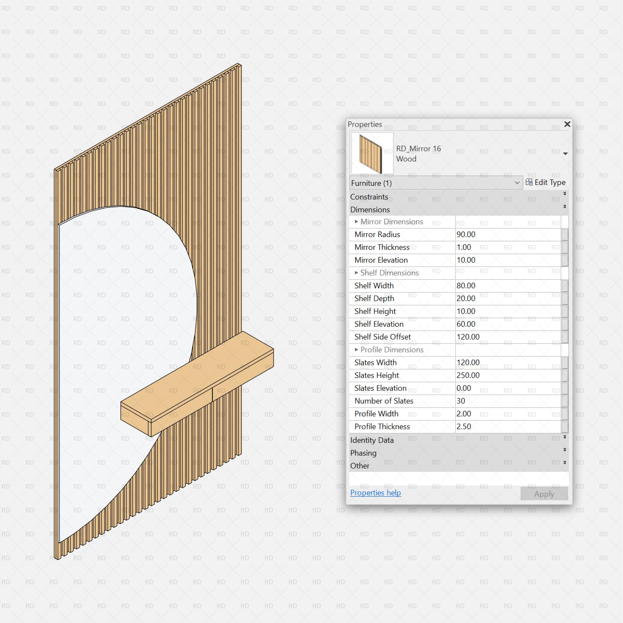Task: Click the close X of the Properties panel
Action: (x=567, y=124)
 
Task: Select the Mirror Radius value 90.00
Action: (x=466, y=234)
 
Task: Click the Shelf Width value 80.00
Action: (x=466, y=286)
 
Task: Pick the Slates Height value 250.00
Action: (x=468, y=375)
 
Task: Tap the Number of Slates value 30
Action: (x=461, y=401)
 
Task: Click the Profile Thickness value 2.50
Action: (x=464, y=427)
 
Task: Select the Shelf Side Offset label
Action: (x=382, y=337)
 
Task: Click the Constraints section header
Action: (x=369, y=197)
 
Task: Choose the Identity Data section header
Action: (x=372, y=440)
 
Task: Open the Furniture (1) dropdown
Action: (x=436, y=183)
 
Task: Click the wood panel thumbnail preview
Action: (x=372, y=153)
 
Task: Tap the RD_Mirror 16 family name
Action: (x=418, y=149)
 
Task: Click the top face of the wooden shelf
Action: (x=197, y=374)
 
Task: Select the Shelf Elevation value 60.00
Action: (x=466, y=324)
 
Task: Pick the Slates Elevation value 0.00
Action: (x=464, y=388)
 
